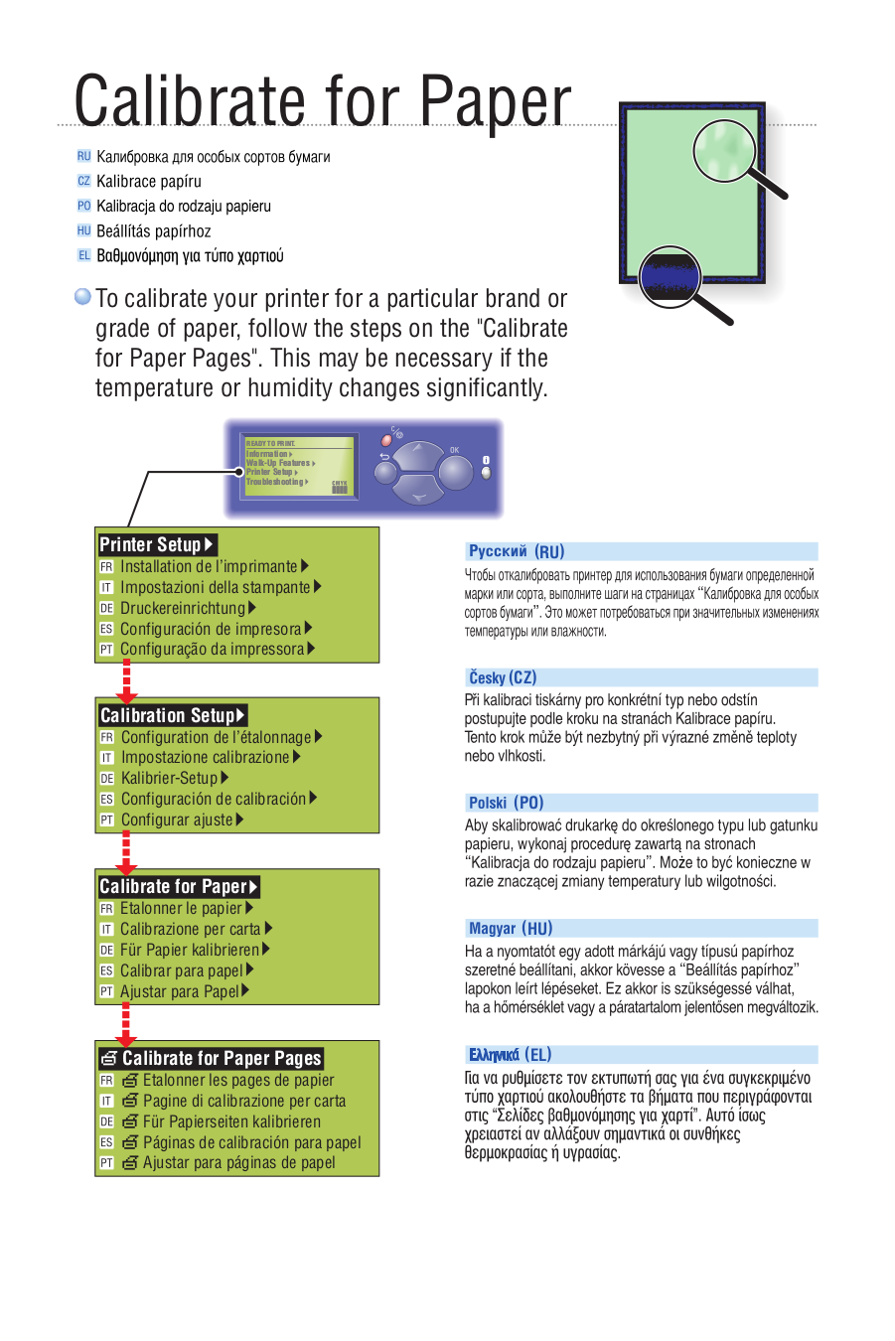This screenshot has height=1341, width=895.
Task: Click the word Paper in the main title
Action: (x=494, y=102)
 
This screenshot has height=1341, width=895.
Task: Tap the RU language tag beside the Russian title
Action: (x=83, y=156)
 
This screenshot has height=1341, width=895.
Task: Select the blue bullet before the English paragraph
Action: (x=83, y=297)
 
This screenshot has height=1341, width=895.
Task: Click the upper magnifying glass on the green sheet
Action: (x=725, y=150)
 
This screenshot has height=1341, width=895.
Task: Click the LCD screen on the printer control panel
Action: (x=298, y=465)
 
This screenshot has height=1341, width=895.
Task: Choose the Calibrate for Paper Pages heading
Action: (x=211, y=1058)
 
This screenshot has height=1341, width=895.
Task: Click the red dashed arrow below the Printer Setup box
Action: (x=126, y=680)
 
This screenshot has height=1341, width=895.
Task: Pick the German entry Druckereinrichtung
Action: (x=183, y=608)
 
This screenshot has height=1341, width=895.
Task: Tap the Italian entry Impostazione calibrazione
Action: (x=206, y=757)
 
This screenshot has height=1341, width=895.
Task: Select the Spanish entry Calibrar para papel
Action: (x=182, y=970)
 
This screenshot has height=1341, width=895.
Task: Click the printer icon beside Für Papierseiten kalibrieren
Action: (x=130, y=1121)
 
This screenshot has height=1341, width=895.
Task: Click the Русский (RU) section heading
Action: (x=517, y=551)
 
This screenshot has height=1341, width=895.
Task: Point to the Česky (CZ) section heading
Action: (x=503, y=677)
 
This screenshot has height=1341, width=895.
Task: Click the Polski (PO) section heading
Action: (x=506, y=803)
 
